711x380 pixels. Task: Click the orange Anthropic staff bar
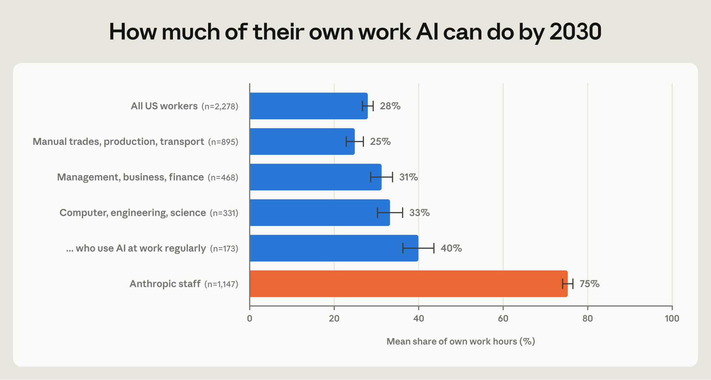(x=409, y=284)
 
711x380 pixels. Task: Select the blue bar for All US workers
(x=309, y=106)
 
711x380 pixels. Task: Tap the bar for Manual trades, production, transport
(x=302, y=141)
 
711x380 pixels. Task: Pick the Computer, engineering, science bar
(x=320, y=213)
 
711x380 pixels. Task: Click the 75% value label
(x=590, y=284)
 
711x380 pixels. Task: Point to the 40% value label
(x=451, y=248)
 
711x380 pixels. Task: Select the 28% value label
(x=390, y=106)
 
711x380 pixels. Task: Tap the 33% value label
(x=420, y=213)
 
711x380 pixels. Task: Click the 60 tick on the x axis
(x=503, y=319)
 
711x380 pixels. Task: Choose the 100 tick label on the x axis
(x=672, y=319)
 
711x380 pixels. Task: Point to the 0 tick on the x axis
(x=250, y=319)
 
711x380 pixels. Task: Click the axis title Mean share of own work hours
(x=461, y=341)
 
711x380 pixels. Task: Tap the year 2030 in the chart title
(x=575, y=32)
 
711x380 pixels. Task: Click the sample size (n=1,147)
(x=221, y=284)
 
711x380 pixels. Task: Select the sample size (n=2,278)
(x=220, y=106)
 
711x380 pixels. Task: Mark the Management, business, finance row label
(x=130, y=177)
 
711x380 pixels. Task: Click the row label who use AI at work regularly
(x=136, y=249)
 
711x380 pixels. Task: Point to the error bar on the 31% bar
(x=381, y=177)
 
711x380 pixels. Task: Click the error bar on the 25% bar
(x=355, y=141)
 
